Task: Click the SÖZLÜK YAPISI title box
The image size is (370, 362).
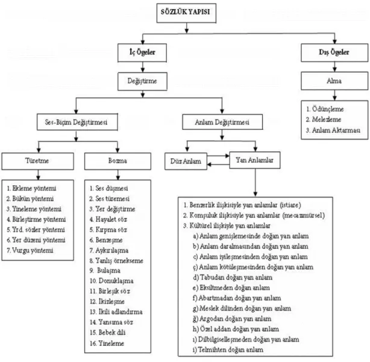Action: click(x=186, y=13)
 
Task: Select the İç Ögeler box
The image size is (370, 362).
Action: click(x=142, y=53)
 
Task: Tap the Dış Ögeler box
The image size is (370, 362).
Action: click(x=334, y=53)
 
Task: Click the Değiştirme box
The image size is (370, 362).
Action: click(x=142, y=82)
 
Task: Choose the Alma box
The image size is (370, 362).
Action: click(x=334, y=81)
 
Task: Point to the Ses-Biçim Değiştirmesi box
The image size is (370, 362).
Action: click(x=77, y=122)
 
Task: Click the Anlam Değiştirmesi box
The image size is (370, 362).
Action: click(x=222, y=122)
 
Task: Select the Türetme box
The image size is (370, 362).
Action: click(x=37, y=161)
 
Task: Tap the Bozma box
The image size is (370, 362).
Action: click(x=118, y=161)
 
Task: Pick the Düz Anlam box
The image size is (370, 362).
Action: click(x=186, y=161)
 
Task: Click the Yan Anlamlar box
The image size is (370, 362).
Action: click(x=255, y=160)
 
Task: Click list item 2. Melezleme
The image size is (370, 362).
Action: click(x=324, y=120)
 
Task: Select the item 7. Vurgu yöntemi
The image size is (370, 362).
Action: click(x=30, y=250)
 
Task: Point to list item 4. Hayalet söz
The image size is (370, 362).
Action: click(x=108, y=219)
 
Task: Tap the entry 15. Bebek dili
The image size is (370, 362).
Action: click(x=108, y=333)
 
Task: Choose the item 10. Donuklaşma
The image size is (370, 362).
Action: click(x=111, y=281)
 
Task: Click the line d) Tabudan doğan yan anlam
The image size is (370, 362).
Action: click(x=233, y=277)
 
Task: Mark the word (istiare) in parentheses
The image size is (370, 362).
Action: click(x=290, y=205)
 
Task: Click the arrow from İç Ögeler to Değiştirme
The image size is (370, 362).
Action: click(x=143, y=67)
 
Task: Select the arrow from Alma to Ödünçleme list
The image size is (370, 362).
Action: click(x=334, y=96)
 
